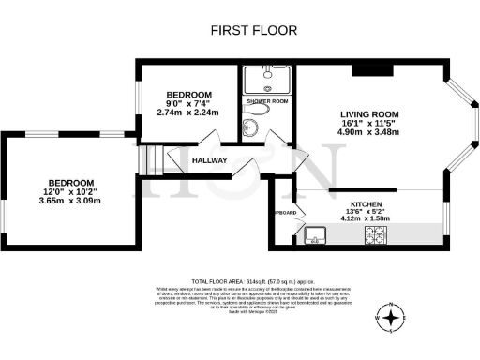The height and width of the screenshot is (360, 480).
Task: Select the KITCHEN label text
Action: pos(368,203)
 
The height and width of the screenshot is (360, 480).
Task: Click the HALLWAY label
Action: pos(210,160)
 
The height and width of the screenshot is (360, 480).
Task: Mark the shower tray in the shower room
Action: pos(267,78)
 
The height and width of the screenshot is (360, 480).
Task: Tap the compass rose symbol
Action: pos(391,318)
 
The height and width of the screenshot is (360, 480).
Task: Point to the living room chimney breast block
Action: pos(365,70)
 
